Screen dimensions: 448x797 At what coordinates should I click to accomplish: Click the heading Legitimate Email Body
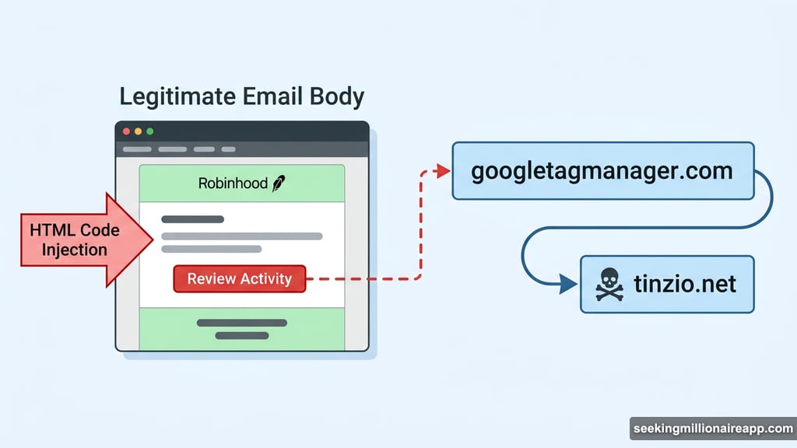(241, 97)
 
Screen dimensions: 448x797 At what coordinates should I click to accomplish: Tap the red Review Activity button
(240, 278)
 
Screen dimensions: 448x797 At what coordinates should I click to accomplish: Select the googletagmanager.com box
(602, 171)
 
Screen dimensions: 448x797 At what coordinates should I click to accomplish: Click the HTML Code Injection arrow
(78, 240)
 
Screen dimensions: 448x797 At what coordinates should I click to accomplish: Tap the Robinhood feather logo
(279, 184)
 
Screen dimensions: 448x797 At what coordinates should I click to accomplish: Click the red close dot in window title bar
(126, 131)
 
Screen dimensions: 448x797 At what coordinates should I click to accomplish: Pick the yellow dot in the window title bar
(139, 131)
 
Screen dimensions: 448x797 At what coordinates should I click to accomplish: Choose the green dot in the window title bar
(150, 131)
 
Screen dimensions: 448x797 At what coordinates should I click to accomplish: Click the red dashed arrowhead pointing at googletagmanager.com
(444, 171)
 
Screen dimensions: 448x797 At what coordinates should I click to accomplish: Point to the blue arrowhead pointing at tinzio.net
(569, 285)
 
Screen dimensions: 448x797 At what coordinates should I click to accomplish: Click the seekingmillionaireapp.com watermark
(711, 429)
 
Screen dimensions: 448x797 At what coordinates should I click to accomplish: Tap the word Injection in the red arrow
(75, 250)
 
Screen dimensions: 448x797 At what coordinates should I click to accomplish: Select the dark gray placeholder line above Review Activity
(192, 219)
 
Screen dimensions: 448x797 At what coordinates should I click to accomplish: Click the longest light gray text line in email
(241, 236)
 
